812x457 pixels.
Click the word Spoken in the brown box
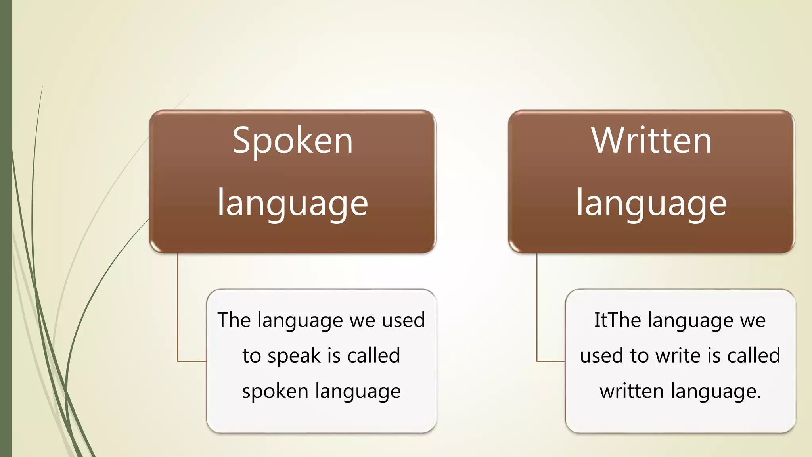pos(293,141)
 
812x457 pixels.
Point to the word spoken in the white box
pos(275,392)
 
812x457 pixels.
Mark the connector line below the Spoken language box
pos(178,309)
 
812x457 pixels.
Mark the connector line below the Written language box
pos(537,309)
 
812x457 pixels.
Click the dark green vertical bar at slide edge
pos(6,228)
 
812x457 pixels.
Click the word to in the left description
pos(251,356)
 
